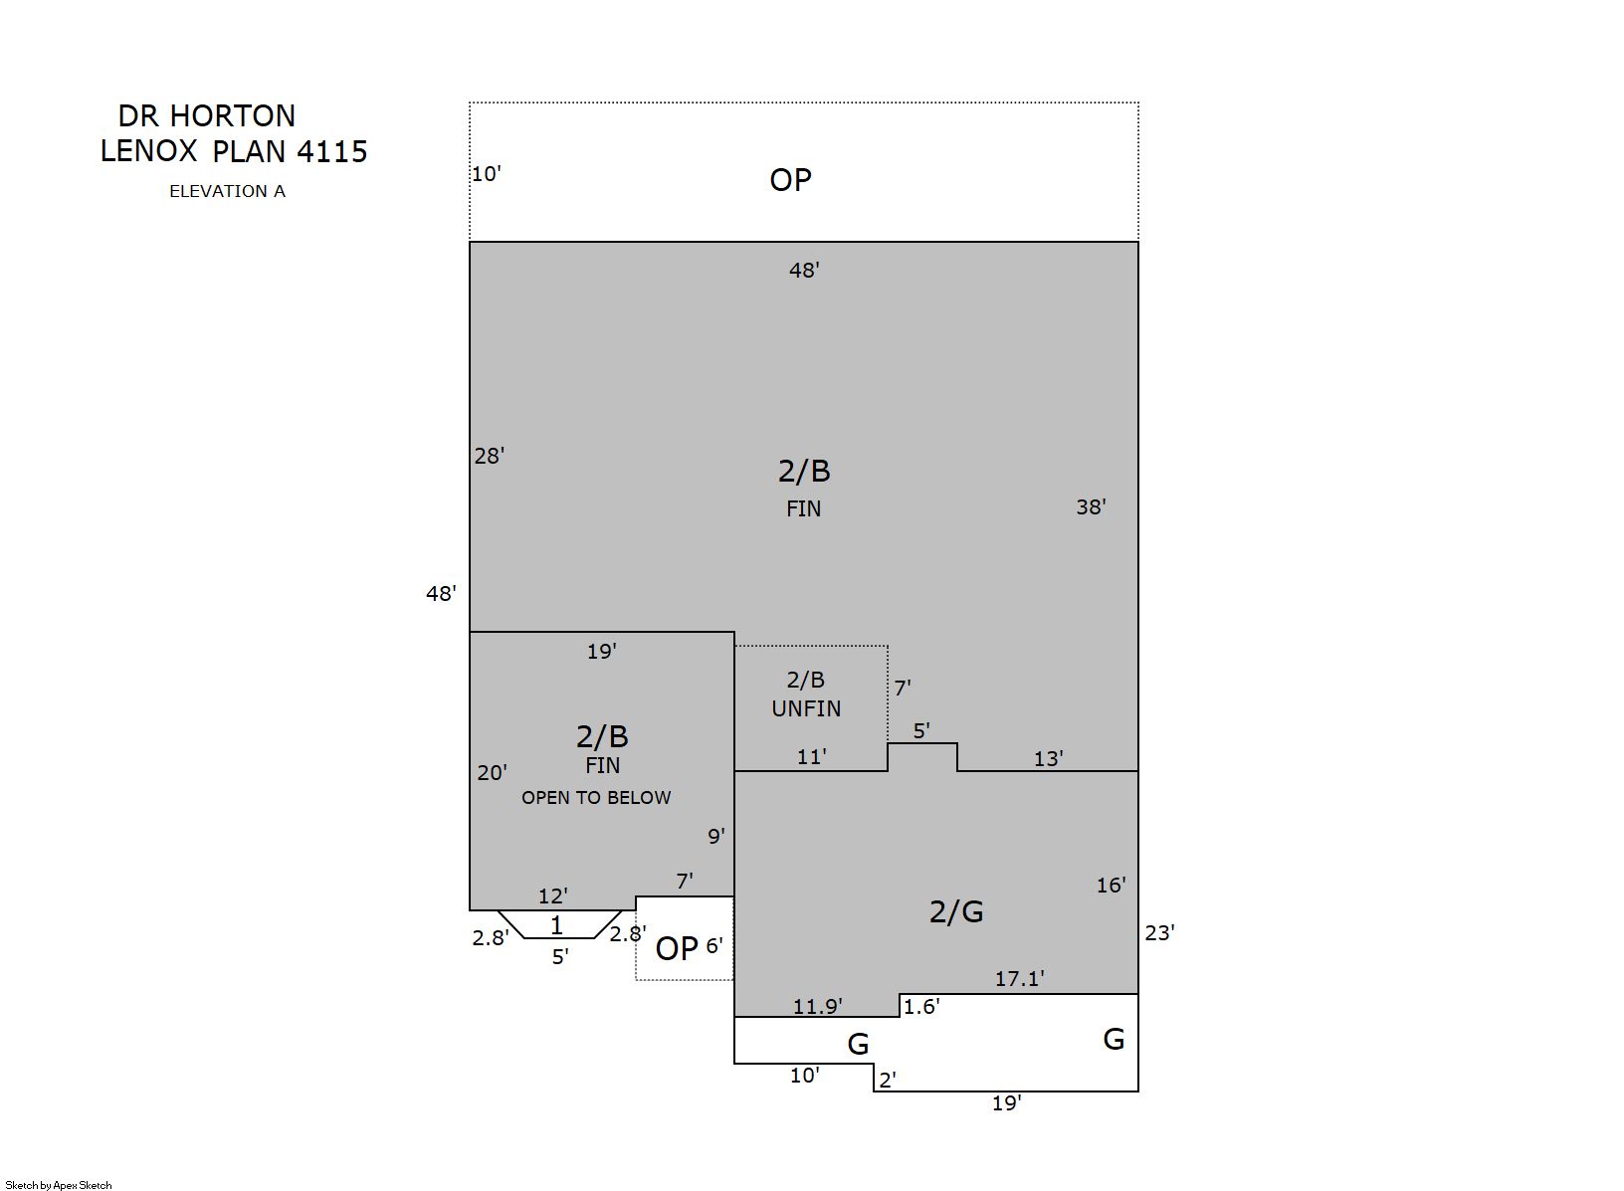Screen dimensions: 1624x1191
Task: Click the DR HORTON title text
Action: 207,116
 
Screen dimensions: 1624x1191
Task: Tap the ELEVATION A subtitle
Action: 227,191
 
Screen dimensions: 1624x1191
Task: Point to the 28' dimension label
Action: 490,456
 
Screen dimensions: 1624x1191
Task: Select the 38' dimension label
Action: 1091,507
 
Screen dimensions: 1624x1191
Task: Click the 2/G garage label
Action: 956,912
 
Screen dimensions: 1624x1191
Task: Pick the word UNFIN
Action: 806,709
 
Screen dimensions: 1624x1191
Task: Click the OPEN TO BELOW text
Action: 596,798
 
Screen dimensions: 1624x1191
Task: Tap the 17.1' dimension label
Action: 1019,979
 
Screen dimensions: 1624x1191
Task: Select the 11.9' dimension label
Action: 817,1007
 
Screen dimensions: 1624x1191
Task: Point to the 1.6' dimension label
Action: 921,1007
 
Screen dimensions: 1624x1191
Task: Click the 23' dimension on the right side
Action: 1160,933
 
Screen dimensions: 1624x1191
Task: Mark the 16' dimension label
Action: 1111,886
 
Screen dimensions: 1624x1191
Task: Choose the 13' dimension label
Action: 1049,759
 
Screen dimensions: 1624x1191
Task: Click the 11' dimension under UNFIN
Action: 812,757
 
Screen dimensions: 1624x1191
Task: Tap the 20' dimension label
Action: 493,773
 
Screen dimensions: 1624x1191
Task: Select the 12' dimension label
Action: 552,896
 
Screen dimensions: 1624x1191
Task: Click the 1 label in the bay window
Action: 557,925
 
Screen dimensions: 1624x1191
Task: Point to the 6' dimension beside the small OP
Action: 714,946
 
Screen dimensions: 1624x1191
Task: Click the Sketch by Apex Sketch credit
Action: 59,1185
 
